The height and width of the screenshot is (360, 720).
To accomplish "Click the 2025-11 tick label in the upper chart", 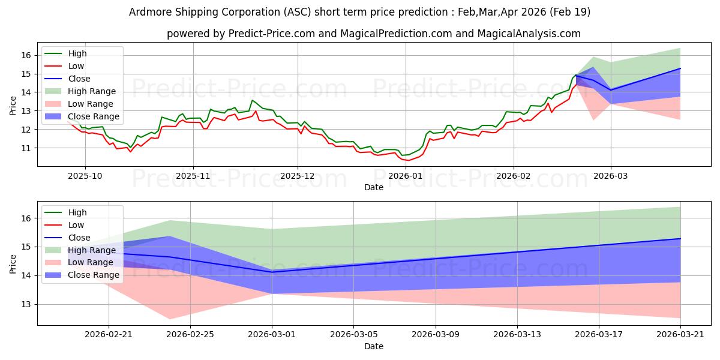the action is pyautogui.click(x=193, y=176).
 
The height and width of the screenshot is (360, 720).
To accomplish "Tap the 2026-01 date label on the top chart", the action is pyautogui.click(x=406, y=176).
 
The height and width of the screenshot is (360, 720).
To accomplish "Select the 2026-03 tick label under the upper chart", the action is pyautogui.click(x=611, y=176).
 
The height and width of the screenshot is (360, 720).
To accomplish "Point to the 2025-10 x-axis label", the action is pyautogui.click(x=85, y=176).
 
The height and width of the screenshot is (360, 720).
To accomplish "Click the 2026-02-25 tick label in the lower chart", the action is pyautogui.click(x=190, y=335).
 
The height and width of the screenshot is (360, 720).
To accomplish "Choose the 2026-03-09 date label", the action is pyautogui.click(x=436, y=335).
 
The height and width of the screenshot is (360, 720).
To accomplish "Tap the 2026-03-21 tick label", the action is pyautogui.click(x=680, y=335).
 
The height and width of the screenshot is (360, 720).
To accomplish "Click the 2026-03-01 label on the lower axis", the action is pyautogui.click(x=272, y=335).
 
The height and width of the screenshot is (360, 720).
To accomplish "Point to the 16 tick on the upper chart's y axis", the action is pyautogui.click(x=26, y=56).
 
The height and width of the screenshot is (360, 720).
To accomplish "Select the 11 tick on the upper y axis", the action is pyautogui.click(x=26, y=148).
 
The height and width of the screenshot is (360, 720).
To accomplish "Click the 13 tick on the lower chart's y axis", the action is pyautogui.click(x=26, y=304).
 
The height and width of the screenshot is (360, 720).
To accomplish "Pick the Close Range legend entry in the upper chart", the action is pyautogui.click(x=82, y=116).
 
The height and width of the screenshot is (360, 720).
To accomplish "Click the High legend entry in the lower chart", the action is pyautogui.click(x=65, y=212).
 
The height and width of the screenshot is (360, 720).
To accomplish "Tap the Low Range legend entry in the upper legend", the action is pyautogui.click(x=79, y=104).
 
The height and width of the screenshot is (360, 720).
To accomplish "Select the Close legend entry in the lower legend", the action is pyautogui.click(x=67, y=238).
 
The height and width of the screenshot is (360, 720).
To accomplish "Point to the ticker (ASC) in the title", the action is pyautogui.click(x=298, y=12).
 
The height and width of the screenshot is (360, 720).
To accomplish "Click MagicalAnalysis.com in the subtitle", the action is pyautogui.click(x=529, y=34).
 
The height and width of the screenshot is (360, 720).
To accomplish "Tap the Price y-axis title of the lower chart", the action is pyautogui.click(x=13, y=264).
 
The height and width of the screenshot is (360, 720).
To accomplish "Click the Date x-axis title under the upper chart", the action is pyautogui.click(x=374, y=187).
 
